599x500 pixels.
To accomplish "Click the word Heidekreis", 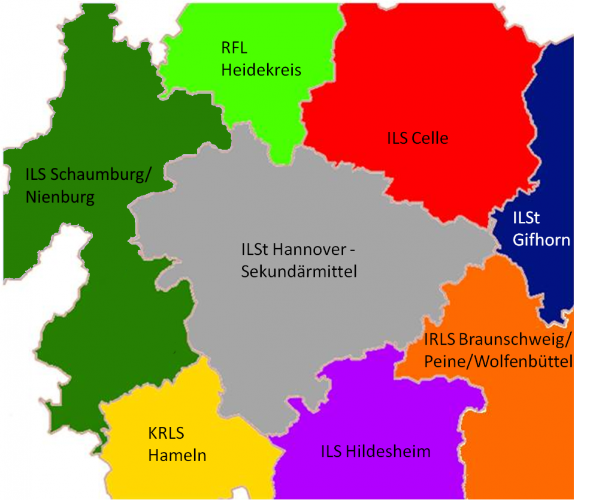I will (x=261, y=70).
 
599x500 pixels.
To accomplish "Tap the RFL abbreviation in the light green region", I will (x=234, y=49).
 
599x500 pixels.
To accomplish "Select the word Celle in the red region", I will (x=430, y=138).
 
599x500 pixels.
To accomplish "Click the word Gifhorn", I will (x=541, y=240).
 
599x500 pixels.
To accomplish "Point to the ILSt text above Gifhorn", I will (x=527, y=218).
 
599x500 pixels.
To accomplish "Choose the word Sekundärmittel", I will (x=299, y=272).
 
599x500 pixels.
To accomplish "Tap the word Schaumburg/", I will (x=102, y=174).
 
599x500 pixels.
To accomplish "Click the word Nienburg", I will (x=60, y=197).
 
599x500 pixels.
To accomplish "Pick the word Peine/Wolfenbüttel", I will (x=498, y=362).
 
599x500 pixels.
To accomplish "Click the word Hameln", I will (x=177, y=456).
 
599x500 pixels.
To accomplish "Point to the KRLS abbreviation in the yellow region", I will (x=166, y=433).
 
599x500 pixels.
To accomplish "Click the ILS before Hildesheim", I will (x=332, y=451).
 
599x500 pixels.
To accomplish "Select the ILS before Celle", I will (x=398, y=138).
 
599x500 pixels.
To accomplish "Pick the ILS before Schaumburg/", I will (x=37, y=174).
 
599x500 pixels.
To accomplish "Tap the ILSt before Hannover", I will (x=255, y=249).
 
